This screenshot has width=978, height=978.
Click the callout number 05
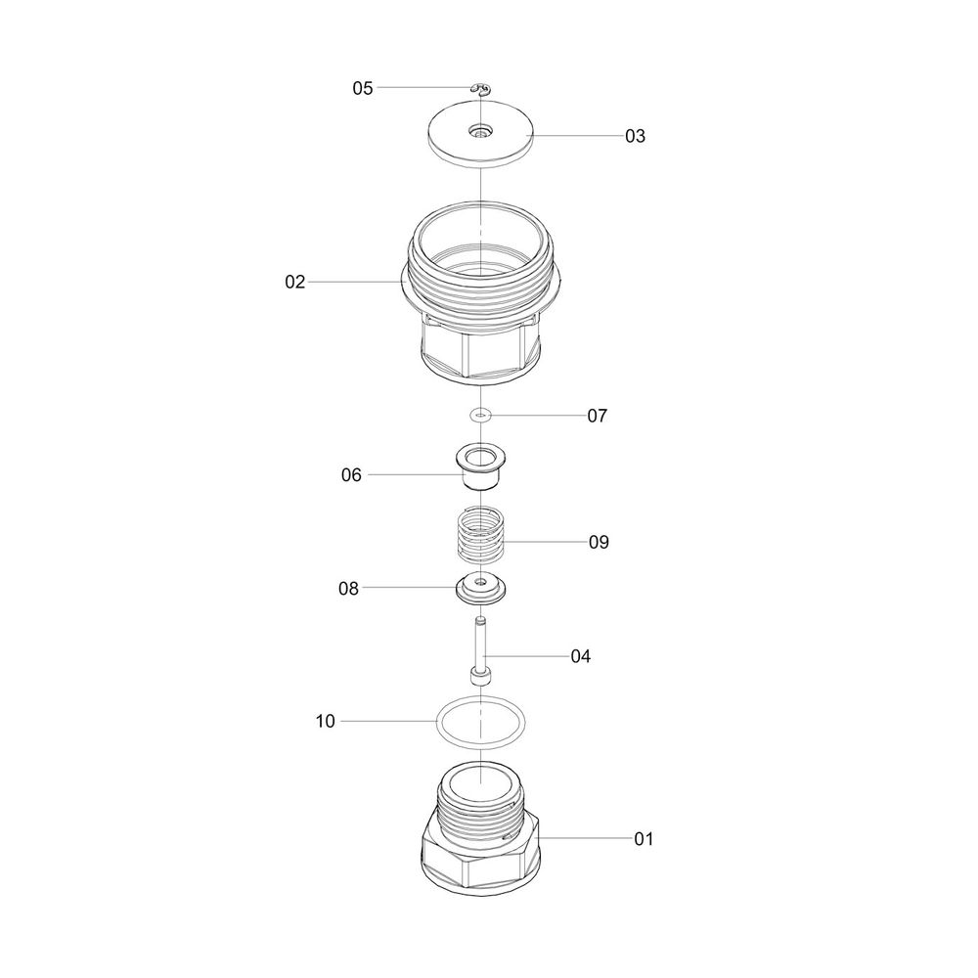(x=363, y=88)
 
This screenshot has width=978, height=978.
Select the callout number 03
(x=635, y=136)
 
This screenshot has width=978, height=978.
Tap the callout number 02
(x=295, y=282)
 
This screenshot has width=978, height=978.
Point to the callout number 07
(x=597, y=416)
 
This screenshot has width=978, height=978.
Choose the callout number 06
(x=351, y=474)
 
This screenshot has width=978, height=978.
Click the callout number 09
(x=599, y=542)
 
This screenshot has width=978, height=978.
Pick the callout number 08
(x=349, y=588)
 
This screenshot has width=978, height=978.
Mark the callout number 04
(x=581, y=656)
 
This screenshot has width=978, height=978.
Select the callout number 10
(x=325, y=721)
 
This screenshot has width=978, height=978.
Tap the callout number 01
(x=644, y=839)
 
